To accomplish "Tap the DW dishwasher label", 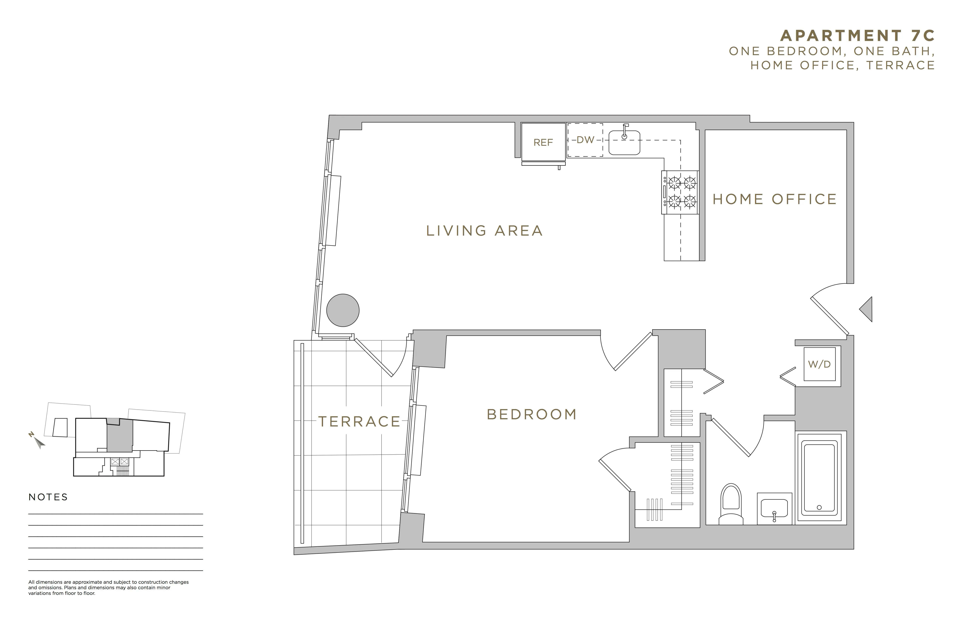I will (585, 140).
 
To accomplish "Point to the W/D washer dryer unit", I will (819, 364).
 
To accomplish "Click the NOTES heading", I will (48, 497).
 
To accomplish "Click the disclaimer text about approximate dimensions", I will (108, 588).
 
